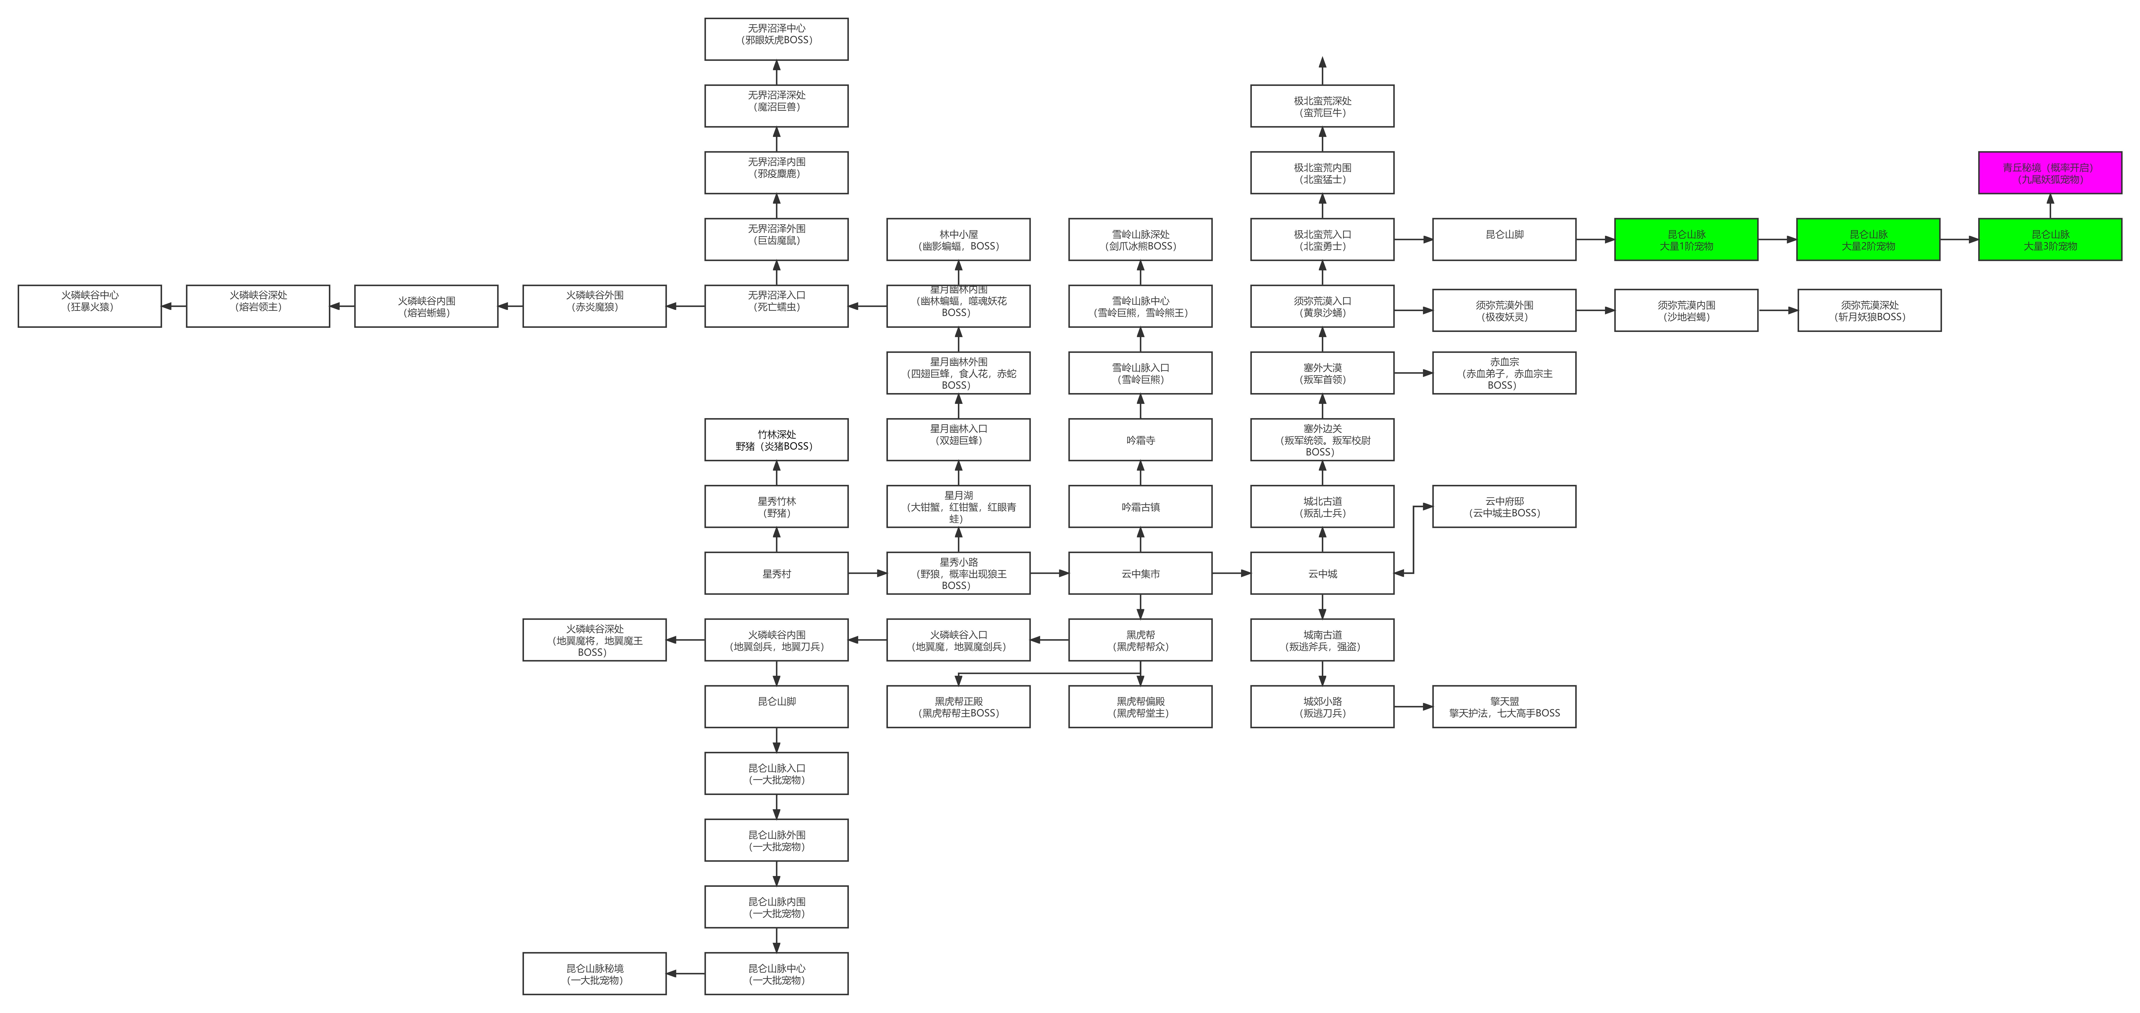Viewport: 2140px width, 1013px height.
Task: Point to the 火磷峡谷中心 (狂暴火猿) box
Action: [90, 306]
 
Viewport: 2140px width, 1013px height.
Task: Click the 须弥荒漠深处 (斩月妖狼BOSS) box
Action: [1869, 310]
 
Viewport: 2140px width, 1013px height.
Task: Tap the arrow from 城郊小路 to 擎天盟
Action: [1413, 706]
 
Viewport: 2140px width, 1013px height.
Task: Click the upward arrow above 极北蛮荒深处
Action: [1323, 71]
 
